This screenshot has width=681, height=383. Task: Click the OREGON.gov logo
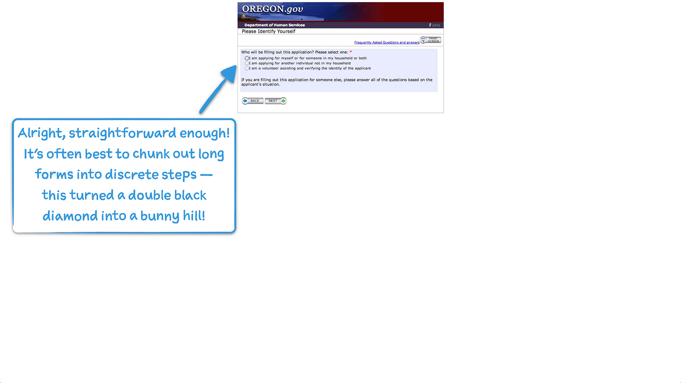coord(272,9)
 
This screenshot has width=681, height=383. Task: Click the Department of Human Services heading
coord(274,25)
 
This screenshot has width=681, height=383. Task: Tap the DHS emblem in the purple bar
coord(434,25)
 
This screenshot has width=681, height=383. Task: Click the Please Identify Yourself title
coord(268,32)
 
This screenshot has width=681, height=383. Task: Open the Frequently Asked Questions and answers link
coord(386,43)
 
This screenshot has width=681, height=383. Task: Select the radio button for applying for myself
coord(247,58)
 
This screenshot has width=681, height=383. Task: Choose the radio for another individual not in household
coord(247,63)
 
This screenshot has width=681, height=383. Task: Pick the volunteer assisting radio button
coord(247,68)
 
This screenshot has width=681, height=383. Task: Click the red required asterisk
coord(351,52)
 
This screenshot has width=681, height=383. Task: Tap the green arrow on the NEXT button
coord(284,101)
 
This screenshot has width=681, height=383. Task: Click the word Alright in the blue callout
coord(40,133)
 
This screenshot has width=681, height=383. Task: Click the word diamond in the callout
coord(70,216)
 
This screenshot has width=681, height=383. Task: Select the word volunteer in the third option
coord(270,68)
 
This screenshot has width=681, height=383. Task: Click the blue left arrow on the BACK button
coord(245,101)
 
